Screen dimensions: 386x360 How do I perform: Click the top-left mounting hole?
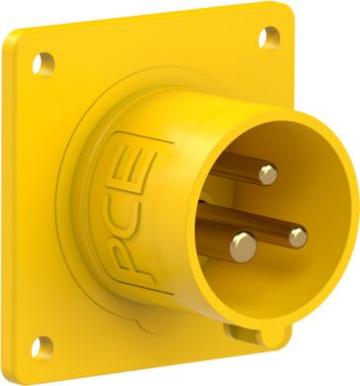[x=40, y=62]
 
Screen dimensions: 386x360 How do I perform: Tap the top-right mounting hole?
[x=264, y=40]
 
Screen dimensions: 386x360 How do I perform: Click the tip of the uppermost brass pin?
[x=268, y=175]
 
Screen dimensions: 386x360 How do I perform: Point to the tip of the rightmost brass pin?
[x=297, y=235]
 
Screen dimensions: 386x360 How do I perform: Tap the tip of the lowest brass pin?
[x=240, y=240]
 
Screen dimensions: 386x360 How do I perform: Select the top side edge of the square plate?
[x=148, y=27]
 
